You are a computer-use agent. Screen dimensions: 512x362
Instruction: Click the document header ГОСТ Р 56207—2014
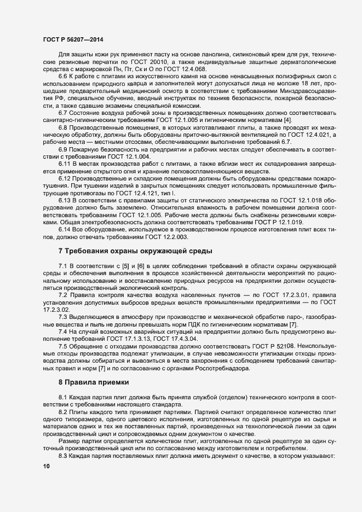pyautogui.click(x=72, y=40)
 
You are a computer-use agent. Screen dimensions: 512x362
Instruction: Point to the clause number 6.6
pyautogui.click(x=63, y=77)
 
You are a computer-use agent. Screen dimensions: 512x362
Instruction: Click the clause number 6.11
pyautogui.click(x=65, y=148)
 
